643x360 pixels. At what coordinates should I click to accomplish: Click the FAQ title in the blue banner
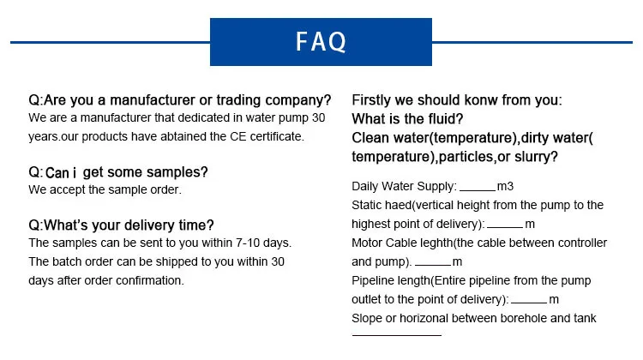click(321, 41)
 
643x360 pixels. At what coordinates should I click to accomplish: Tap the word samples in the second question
click(178, 171)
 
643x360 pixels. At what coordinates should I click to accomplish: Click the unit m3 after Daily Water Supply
click(505, 185)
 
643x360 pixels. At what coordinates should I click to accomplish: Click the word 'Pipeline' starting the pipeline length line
click(373, 281)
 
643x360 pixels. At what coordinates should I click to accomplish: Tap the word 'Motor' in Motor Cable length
click(366, 243)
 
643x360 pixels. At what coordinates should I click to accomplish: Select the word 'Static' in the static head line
click(367, 205)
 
